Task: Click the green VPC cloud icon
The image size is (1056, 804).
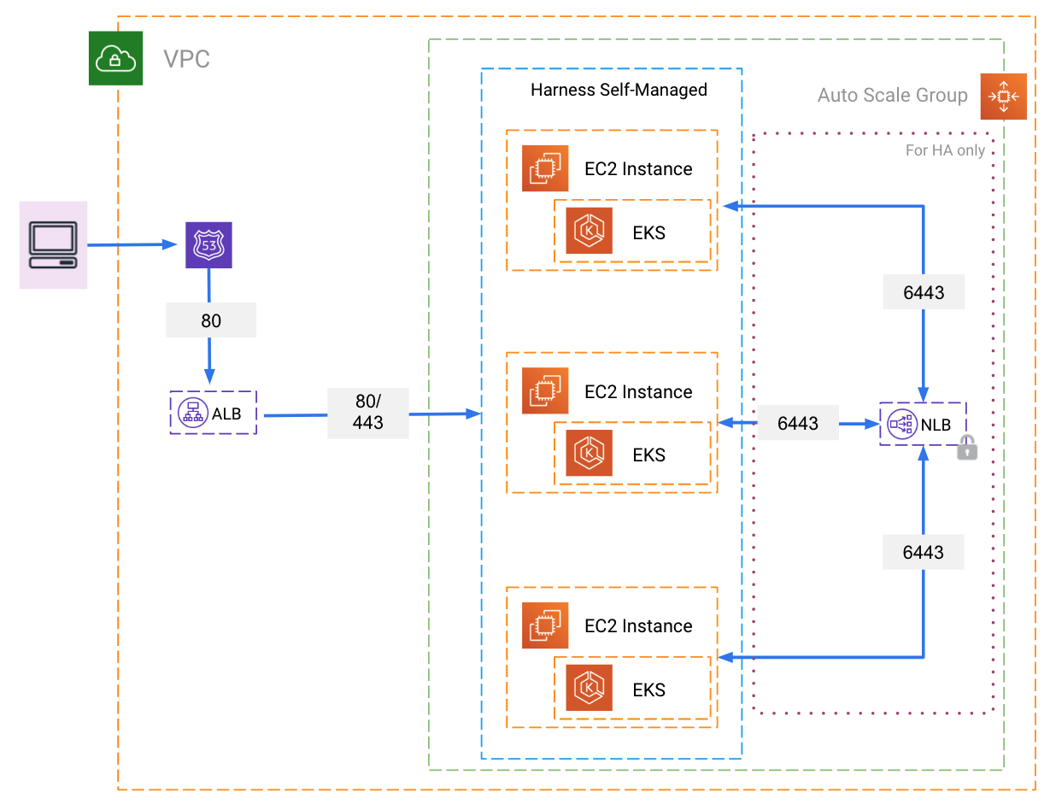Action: (x=115, y=58)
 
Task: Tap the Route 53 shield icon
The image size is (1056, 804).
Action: (x=208, y=245)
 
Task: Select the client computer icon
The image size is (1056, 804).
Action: (x=53, y=245)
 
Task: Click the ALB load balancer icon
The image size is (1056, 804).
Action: (x=193, y=413)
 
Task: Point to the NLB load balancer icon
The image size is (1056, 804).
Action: (x=901, y=425)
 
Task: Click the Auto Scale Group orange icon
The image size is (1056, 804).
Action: (x=1004, y=97)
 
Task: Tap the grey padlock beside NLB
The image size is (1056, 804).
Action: (x=967, y=449)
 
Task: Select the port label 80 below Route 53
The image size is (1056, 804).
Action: (x=211, y=320)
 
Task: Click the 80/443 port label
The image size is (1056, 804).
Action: (x=368, y=413)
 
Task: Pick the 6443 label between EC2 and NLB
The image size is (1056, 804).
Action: (x=798, y=423)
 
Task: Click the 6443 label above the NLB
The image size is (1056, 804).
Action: (x=924, y=292)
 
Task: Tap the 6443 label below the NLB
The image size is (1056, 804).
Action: (x=924, y=552)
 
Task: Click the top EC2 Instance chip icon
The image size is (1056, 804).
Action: (x=545, y=168)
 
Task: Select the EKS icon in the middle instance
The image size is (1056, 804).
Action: (x=589, y=453)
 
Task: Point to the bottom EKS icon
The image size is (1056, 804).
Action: (x=589, y=688)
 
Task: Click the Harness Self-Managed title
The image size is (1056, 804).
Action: (x=619, y=90)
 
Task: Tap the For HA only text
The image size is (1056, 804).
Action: (x=945, y=150)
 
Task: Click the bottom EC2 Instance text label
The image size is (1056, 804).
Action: (x=638, y=626)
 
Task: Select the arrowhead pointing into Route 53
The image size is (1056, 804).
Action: (x=169, y=244)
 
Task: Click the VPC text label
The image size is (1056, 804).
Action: (x=186, y=59)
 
